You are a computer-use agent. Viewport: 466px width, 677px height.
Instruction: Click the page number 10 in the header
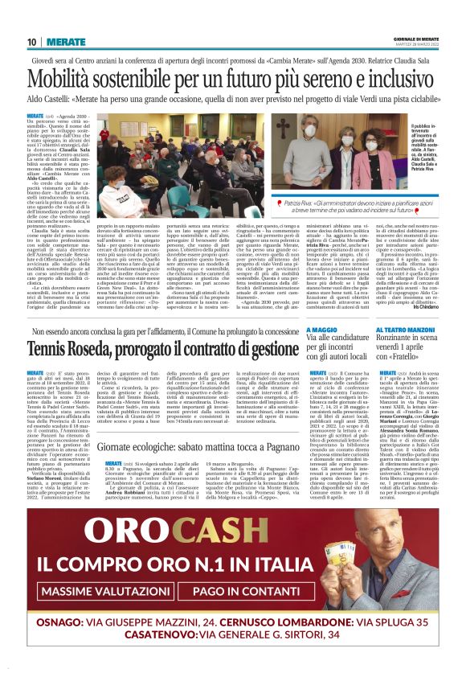click(x=32, y=42)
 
